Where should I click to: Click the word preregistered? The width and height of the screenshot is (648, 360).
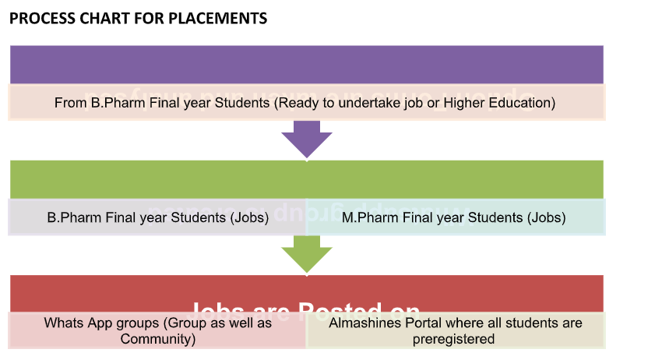[454, 339]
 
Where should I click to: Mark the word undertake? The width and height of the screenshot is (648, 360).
[356, 102]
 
